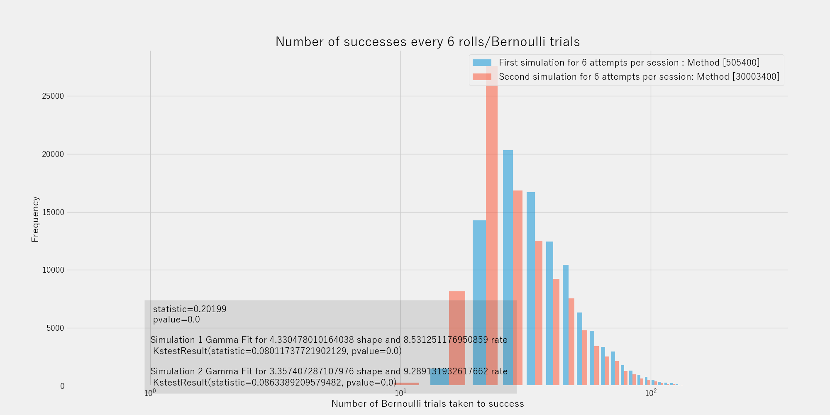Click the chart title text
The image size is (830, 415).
pyautogui.click(x=427, y=42)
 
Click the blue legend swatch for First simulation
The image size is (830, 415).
pyautogui.click(x=482, y=63)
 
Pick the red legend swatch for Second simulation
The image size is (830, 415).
pyautogui.click(x=482, y=77)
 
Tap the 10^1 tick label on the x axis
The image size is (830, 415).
pyautogui.click(x=400, y=393)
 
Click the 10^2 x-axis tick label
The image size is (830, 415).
pyautogui.click(x=650, y=393)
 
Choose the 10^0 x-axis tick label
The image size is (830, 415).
pyautogui.click(x=150, y=393)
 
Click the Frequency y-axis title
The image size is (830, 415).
pyautogui.click(x=35, y=219)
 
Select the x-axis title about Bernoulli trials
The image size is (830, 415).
pyautogui.click(x=427, y=404)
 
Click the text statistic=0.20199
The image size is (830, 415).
pyautogui.click(x=190, y=309)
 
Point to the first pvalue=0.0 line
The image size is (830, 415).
pyautogui.click(x=176, y=320)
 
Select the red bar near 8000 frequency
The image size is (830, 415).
pyautogui.click(x=457, y=338)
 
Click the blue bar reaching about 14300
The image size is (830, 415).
pyautogui.click(x=479, y=303)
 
